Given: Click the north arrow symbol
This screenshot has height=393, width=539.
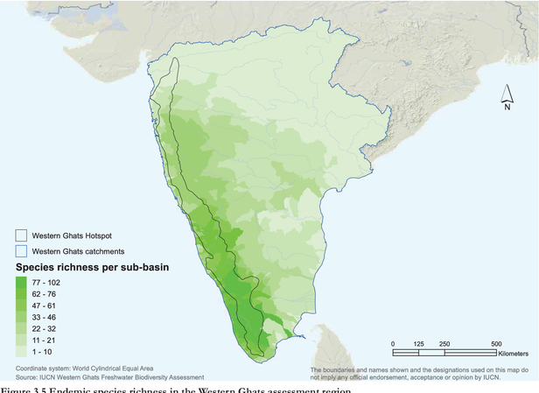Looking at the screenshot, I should coord(507,91).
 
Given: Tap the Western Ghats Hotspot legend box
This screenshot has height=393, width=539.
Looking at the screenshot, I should coord(21,235).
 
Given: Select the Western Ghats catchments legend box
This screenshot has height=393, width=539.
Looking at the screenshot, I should coord(21,250).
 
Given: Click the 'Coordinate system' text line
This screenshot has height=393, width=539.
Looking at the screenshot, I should coord(82,368).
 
